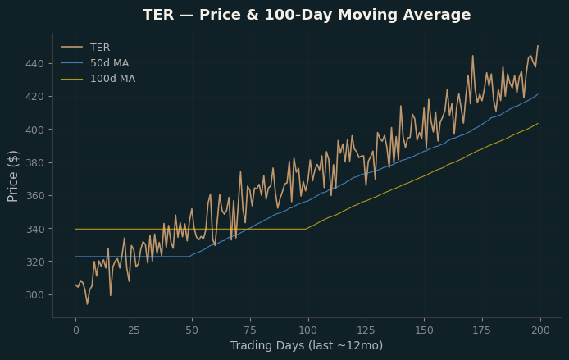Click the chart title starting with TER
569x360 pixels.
[x=307, y=15]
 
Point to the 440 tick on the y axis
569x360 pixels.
[x=34, y=64]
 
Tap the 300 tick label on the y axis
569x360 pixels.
[x=34, y=295]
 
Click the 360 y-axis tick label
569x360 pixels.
[x=34, y=196]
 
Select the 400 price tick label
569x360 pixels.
[x=34, y=130]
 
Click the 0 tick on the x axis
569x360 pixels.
[x=76, y=330]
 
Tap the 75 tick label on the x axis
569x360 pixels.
[x=250, y=330]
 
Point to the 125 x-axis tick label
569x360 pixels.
[x=366, y=330]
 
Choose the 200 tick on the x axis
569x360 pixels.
[x=540, y=330]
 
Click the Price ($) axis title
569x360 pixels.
[x=12, y=176]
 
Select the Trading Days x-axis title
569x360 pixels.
[x=307, y=345]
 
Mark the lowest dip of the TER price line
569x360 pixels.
[x=87, y=304]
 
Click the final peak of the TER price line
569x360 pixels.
[x=538, y=46]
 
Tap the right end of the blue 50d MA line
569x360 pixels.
[x=538, y=94]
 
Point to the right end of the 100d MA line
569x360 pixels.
[x=538, y=123]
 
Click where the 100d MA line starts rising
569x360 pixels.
[x=306, y=229]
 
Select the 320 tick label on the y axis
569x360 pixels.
[x=34, y=262]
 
